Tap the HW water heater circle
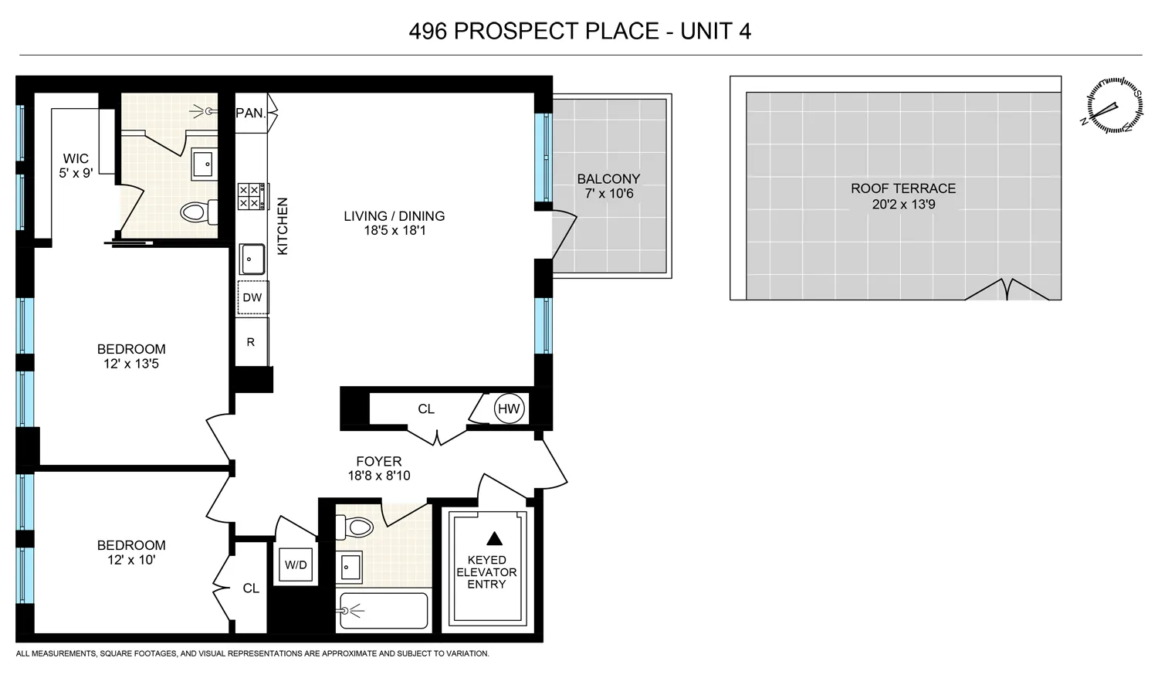coord(509,409)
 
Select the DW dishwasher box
coord(252,297)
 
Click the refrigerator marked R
coord(252,342)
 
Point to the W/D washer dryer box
coord(296,565)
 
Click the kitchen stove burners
coord(251,196)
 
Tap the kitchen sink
coord(252,259)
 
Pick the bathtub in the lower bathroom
coord(383,611)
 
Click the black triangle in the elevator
coord(494,538)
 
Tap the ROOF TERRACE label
coord(903,188)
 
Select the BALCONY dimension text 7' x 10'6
coord(608,194)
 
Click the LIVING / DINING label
coord(394,216)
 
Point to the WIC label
coord(76,159)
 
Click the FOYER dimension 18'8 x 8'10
coord(378,476)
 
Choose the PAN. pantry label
coord(251,113)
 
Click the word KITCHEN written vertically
coord(283,226)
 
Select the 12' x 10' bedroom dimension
coord(131,560)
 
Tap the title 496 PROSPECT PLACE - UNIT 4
coord(580,31)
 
